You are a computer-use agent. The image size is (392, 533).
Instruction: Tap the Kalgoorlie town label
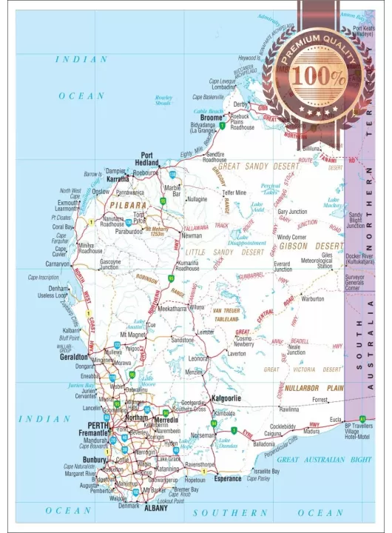229,398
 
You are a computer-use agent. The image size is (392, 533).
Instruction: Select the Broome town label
212,117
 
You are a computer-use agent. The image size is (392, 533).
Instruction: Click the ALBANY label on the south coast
156,509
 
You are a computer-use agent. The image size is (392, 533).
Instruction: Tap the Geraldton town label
74,356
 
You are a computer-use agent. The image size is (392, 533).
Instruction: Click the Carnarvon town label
57,263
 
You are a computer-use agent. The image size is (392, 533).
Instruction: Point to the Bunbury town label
95,459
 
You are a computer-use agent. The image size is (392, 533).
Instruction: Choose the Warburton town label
312,299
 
